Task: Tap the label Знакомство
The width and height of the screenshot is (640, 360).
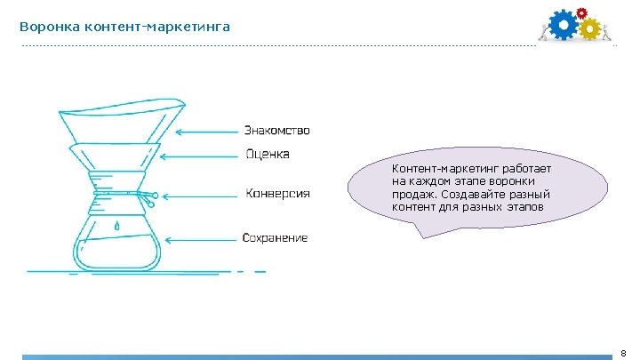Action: tap(277, 131)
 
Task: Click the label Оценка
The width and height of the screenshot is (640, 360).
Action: tap(268, 155)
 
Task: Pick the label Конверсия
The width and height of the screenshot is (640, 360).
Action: tap(277, 193)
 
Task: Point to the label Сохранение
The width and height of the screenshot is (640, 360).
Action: tap(276, 237)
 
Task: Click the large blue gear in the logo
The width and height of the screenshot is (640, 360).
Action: tap(563, 26)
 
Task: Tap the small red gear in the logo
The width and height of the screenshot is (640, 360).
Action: tap(582, 12)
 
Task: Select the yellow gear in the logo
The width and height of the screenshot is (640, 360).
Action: tap(589, 29)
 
